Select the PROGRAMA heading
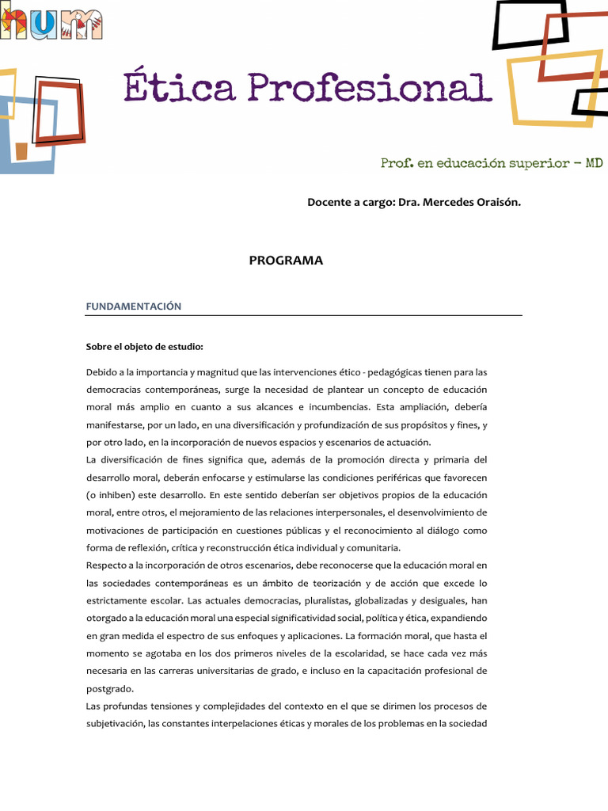286,261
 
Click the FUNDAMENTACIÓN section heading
134,306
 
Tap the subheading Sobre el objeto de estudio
145,346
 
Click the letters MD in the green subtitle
594,162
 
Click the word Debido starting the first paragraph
101,372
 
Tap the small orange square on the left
21,151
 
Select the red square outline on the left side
60,112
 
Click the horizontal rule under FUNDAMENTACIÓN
303,316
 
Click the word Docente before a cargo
328,202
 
